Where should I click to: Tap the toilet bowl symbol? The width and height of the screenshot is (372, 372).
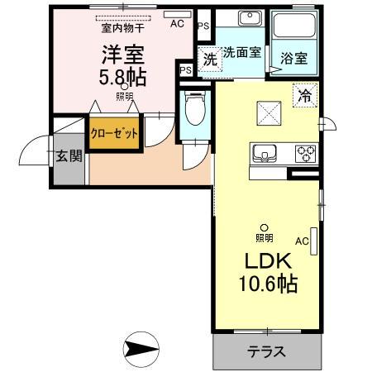(x=195, y=108)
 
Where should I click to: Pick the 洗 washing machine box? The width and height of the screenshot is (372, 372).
(x=210, y=60)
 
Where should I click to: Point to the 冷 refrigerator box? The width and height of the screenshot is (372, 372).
(x=305, y=94)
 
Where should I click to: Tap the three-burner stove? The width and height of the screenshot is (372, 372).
(x=304, y=153)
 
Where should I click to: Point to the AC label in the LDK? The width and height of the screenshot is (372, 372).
(x=302, y=241)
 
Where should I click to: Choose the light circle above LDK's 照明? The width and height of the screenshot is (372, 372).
(x=265, y=227)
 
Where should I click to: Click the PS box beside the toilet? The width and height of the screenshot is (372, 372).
(x=186, y=70)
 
